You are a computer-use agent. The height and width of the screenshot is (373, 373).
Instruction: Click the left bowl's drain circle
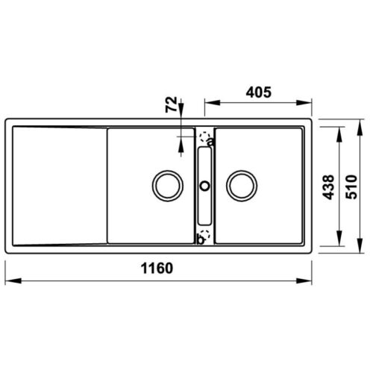click(x=166, y=184)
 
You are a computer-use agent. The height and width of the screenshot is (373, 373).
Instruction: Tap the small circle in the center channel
click(x=204, y=184)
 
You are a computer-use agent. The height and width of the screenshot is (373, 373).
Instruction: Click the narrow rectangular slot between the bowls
click(x=204, y=186)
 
